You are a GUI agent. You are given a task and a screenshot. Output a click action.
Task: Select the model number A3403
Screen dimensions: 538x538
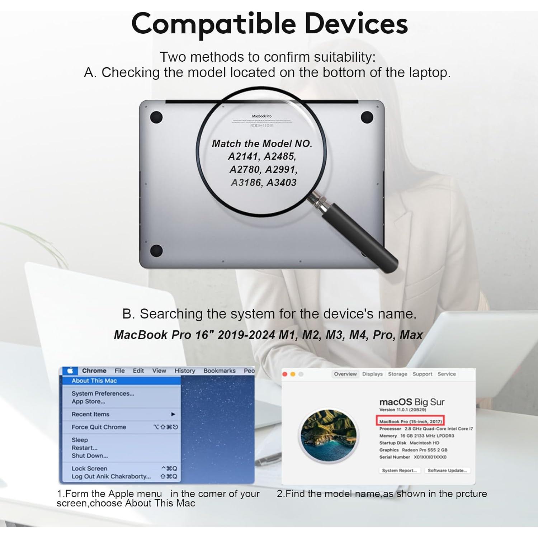point(282,183)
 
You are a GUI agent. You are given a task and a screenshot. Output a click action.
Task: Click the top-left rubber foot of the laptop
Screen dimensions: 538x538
point(156,117)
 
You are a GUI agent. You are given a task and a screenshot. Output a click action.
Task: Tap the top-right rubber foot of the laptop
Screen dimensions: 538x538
point(367,117)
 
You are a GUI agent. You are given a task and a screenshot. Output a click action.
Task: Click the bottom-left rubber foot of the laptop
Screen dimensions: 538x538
point(156,251)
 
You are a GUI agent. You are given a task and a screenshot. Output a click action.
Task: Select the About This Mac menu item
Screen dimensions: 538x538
point(94,381)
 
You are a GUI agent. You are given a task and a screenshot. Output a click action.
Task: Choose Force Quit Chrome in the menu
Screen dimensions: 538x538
point(99,427)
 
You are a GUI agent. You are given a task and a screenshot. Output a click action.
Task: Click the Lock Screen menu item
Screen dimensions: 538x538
point(89,468)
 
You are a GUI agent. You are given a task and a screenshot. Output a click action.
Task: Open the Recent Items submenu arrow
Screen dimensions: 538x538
point(173,414)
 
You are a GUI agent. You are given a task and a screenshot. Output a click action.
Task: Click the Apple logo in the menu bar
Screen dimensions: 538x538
point(70,371)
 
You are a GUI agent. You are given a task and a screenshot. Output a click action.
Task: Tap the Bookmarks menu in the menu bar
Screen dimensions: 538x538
point(220,371)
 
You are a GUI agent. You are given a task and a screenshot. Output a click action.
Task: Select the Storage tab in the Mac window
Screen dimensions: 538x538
point(397,374)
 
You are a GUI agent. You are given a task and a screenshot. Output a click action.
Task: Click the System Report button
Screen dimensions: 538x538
point(399,470)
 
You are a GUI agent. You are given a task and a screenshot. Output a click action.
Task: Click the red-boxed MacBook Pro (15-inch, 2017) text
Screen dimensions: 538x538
point(410,421)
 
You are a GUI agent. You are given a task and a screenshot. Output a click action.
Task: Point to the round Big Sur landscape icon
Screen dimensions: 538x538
point(329,434)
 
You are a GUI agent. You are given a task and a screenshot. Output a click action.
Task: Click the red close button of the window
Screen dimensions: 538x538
point(285,374)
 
